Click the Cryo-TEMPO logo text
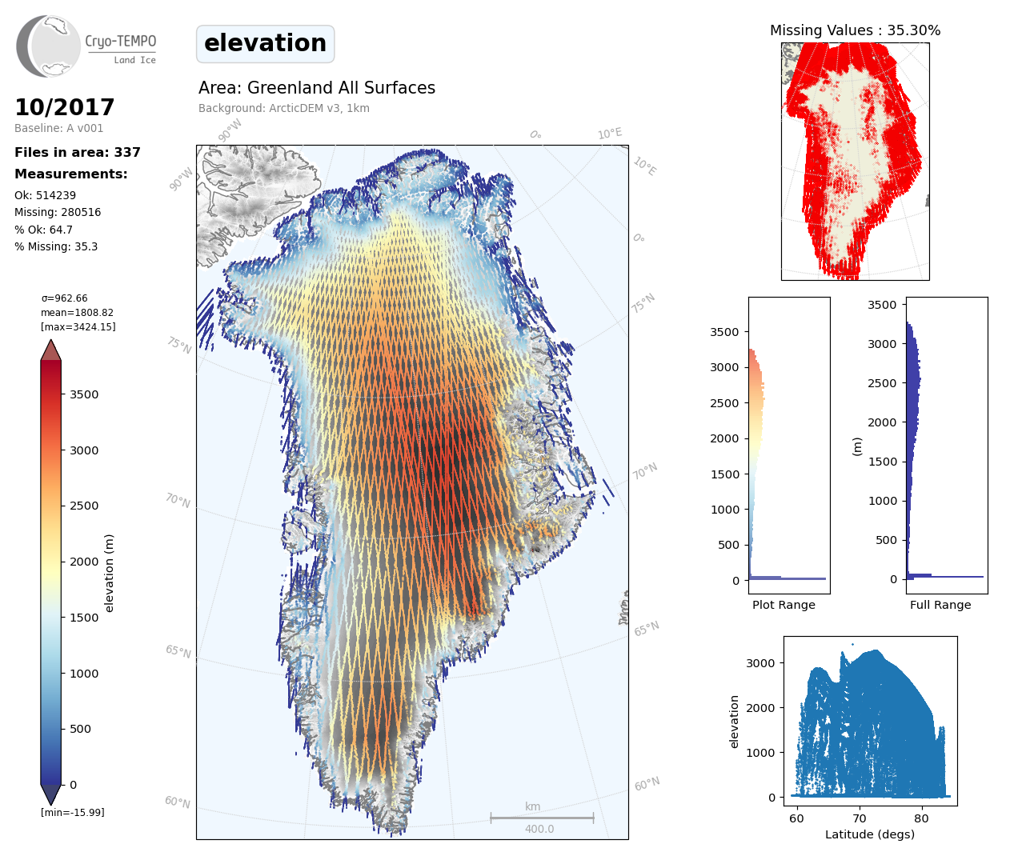pyautogui.click(x=121, y=42)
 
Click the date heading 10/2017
pyautogui.click(x=65, y=107)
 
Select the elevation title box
pyautogui.click(x=265, y=44)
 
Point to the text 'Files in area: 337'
pyautogui.click(x=78, y=152)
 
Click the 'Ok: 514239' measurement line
pyautogui.click(x=45, y=195)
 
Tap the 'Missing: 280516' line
pyautogui.click(x=58, y=212)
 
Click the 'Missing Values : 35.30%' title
pyautogui.click(x=855, y=30)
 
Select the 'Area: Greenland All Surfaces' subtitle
pyautogui.click(x=317, y=88)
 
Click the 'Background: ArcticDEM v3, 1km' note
pyautogui.click(x=284, y=108)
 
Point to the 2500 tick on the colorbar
pyautogui.click(x=84, y=506)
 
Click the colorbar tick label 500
pyautogui.click(x=80, y=729)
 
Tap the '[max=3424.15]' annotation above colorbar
pyautogui.click(x=78, y=327)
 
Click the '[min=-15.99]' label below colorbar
pyautogui.click(x=73, y=812)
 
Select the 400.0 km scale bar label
pyautogui.click(x=539, y=829)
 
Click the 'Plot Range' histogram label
pyautogui.click(x=784, y=605)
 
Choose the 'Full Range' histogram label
pyautogui.click(x=940, y=605)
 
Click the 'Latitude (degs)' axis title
pyautogui.click(x=870, y=834)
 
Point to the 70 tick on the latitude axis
pyautogui.click(x=859, y=818)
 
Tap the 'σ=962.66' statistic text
pyautogui.click(x=65, y=298)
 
